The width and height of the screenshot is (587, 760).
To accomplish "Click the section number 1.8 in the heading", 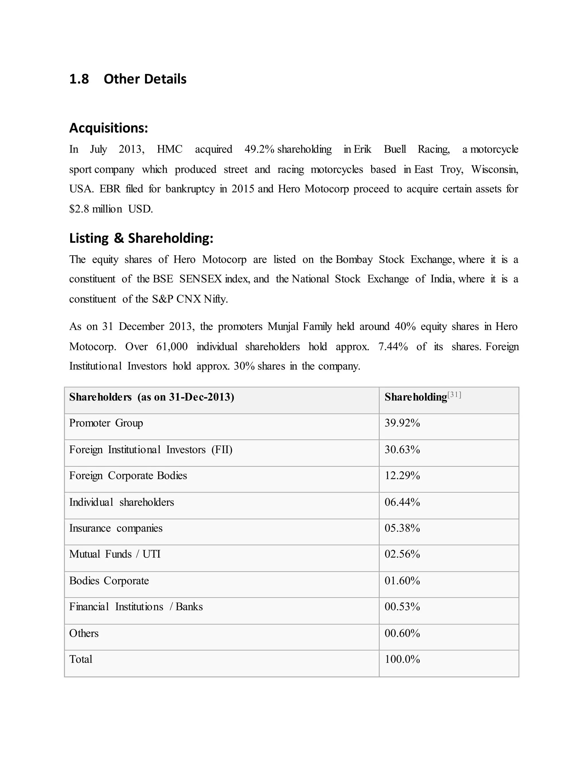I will [x=79, y=79].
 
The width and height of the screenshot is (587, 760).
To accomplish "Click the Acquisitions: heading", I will [x=109, y=128].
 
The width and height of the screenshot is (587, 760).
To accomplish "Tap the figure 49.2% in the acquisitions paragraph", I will [x=259, y=149].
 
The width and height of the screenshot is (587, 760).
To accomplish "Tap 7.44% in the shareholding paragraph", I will [x=393, y=347].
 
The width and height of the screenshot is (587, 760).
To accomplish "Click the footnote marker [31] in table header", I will [x=454, y=395].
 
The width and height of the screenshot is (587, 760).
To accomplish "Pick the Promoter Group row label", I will [x=106, y=423].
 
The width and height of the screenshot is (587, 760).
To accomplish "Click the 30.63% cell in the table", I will [x=402, y=450].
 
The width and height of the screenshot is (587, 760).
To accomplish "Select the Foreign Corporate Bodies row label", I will [x=128, y=476].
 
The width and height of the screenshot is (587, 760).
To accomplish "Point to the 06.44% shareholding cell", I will [x=402, y=502].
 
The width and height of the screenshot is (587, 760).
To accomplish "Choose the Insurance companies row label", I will [x=116, y=528].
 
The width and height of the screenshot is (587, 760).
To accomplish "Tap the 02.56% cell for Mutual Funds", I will [x=402, y=554].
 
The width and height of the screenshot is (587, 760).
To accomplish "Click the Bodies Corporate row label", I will [x=109, y=581].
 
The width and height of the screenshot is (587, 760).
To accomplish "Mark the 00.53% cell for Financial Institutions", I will [x=402, y=607].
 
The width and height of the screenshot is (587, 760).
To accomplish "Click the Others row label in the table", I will [x=84, y=633].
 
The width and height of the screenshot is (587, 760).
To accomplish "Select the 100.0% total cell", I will [x=402, y=659].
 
